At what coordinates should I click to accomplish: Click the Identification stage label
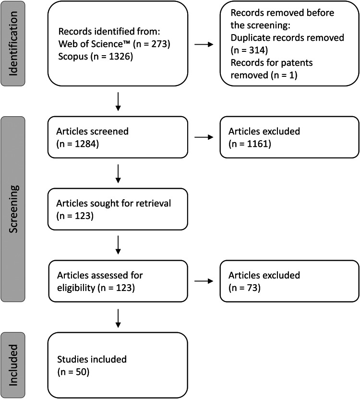tap(13, 44)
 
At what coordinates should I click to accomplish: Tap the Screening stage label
tap(13, 209)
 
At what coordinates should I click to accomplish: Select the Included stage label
tap(13, 365)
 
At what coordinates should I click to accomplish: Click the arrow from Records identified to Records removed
tap(204, 45)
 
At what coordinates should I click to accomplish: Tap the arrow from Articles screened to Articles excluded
tap(204, 137)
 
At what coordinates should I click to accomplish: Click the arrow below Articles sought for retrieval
tap(118, 245)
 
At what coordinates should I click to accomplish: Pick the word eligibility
tap(76, 288)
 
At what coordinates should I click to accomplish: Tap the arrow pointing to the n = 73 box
tap(204, 281)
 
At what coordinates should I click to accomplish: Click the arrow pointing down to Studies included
tap(118, 318)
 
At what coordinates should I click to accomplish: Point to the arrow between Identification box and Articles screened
tap(118, 101)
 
